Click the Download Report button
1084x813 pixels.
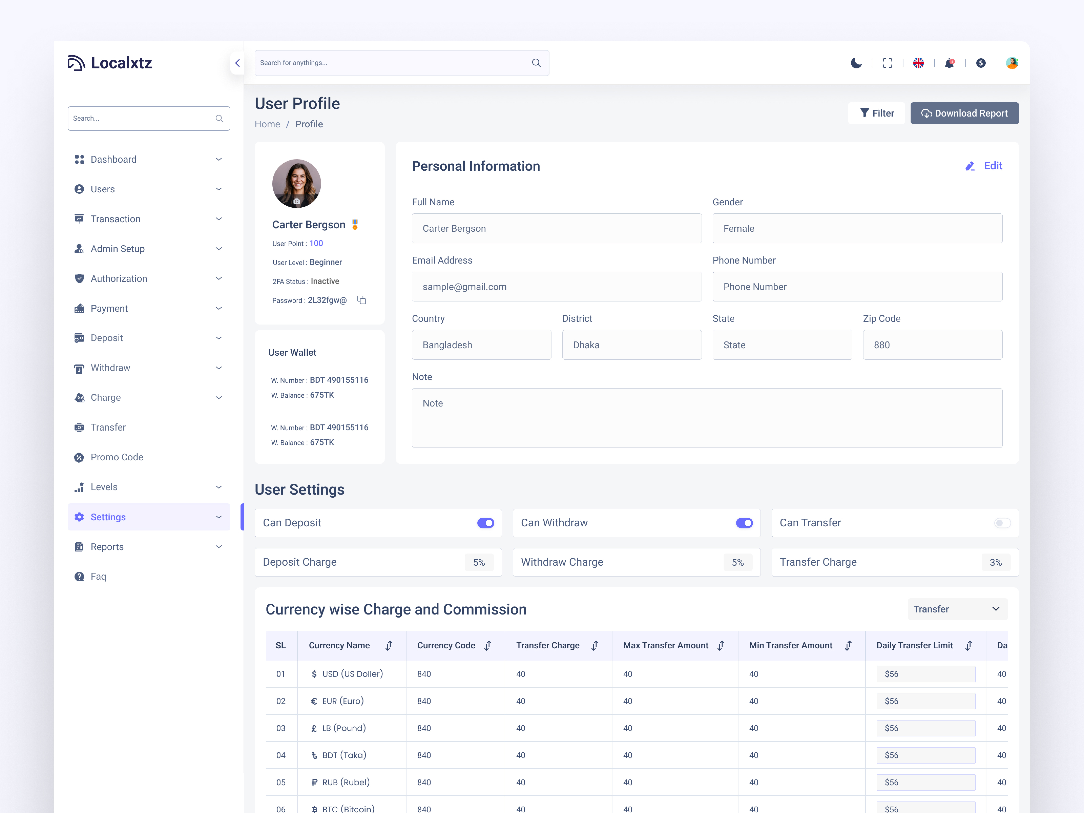point(964,113)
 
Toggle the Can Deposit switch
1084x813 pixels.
point(485,523)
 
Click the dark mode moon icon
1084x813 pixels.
point(856,63)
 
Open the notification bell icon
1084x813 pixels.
point(949,63)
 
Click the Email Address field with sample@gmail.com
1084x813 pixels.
point(556,287)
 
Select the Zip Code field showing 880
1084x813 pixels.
point(932,345)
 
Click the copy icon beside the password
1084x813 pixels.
point(362,300)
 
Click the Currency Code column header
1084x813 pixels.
point(446,645)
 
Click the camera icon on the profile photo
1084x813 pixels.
point(296,201)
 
